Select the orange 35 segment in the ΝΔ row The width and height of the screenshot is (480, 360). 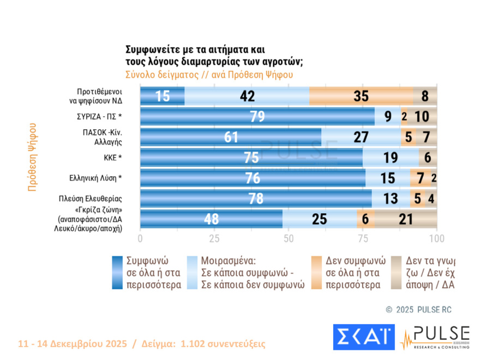pos(361,96)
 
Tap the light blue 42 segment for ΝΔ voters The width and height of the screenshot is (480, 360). pos(247,96)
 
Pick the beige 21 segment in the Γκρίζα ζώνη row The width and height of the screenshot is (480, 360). pos(406,219)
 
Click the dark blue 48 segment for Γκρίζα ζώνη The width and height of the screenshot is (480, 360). pos(212,219)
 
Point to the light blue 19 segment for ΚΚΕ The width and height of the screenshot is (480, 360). pos(391,158)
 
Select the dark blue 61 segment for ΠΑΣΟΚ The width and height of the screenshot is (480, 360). pos(231,137)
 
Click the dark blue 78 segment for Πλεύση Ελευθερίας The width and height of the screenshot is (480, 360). pos(256,199)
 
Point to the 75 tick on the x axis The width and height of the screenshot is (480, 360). pos(363,238)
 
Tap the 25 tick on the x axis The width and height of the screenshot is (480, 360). pos(214,238)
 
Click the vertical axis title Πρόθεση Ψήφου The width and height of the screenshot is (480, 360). pos(32,156)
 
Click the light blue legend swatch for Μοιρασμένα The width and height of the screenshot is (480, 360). pos(192,272)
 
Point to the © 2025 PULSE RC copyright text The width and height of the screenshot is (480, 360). pos(418,309)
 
